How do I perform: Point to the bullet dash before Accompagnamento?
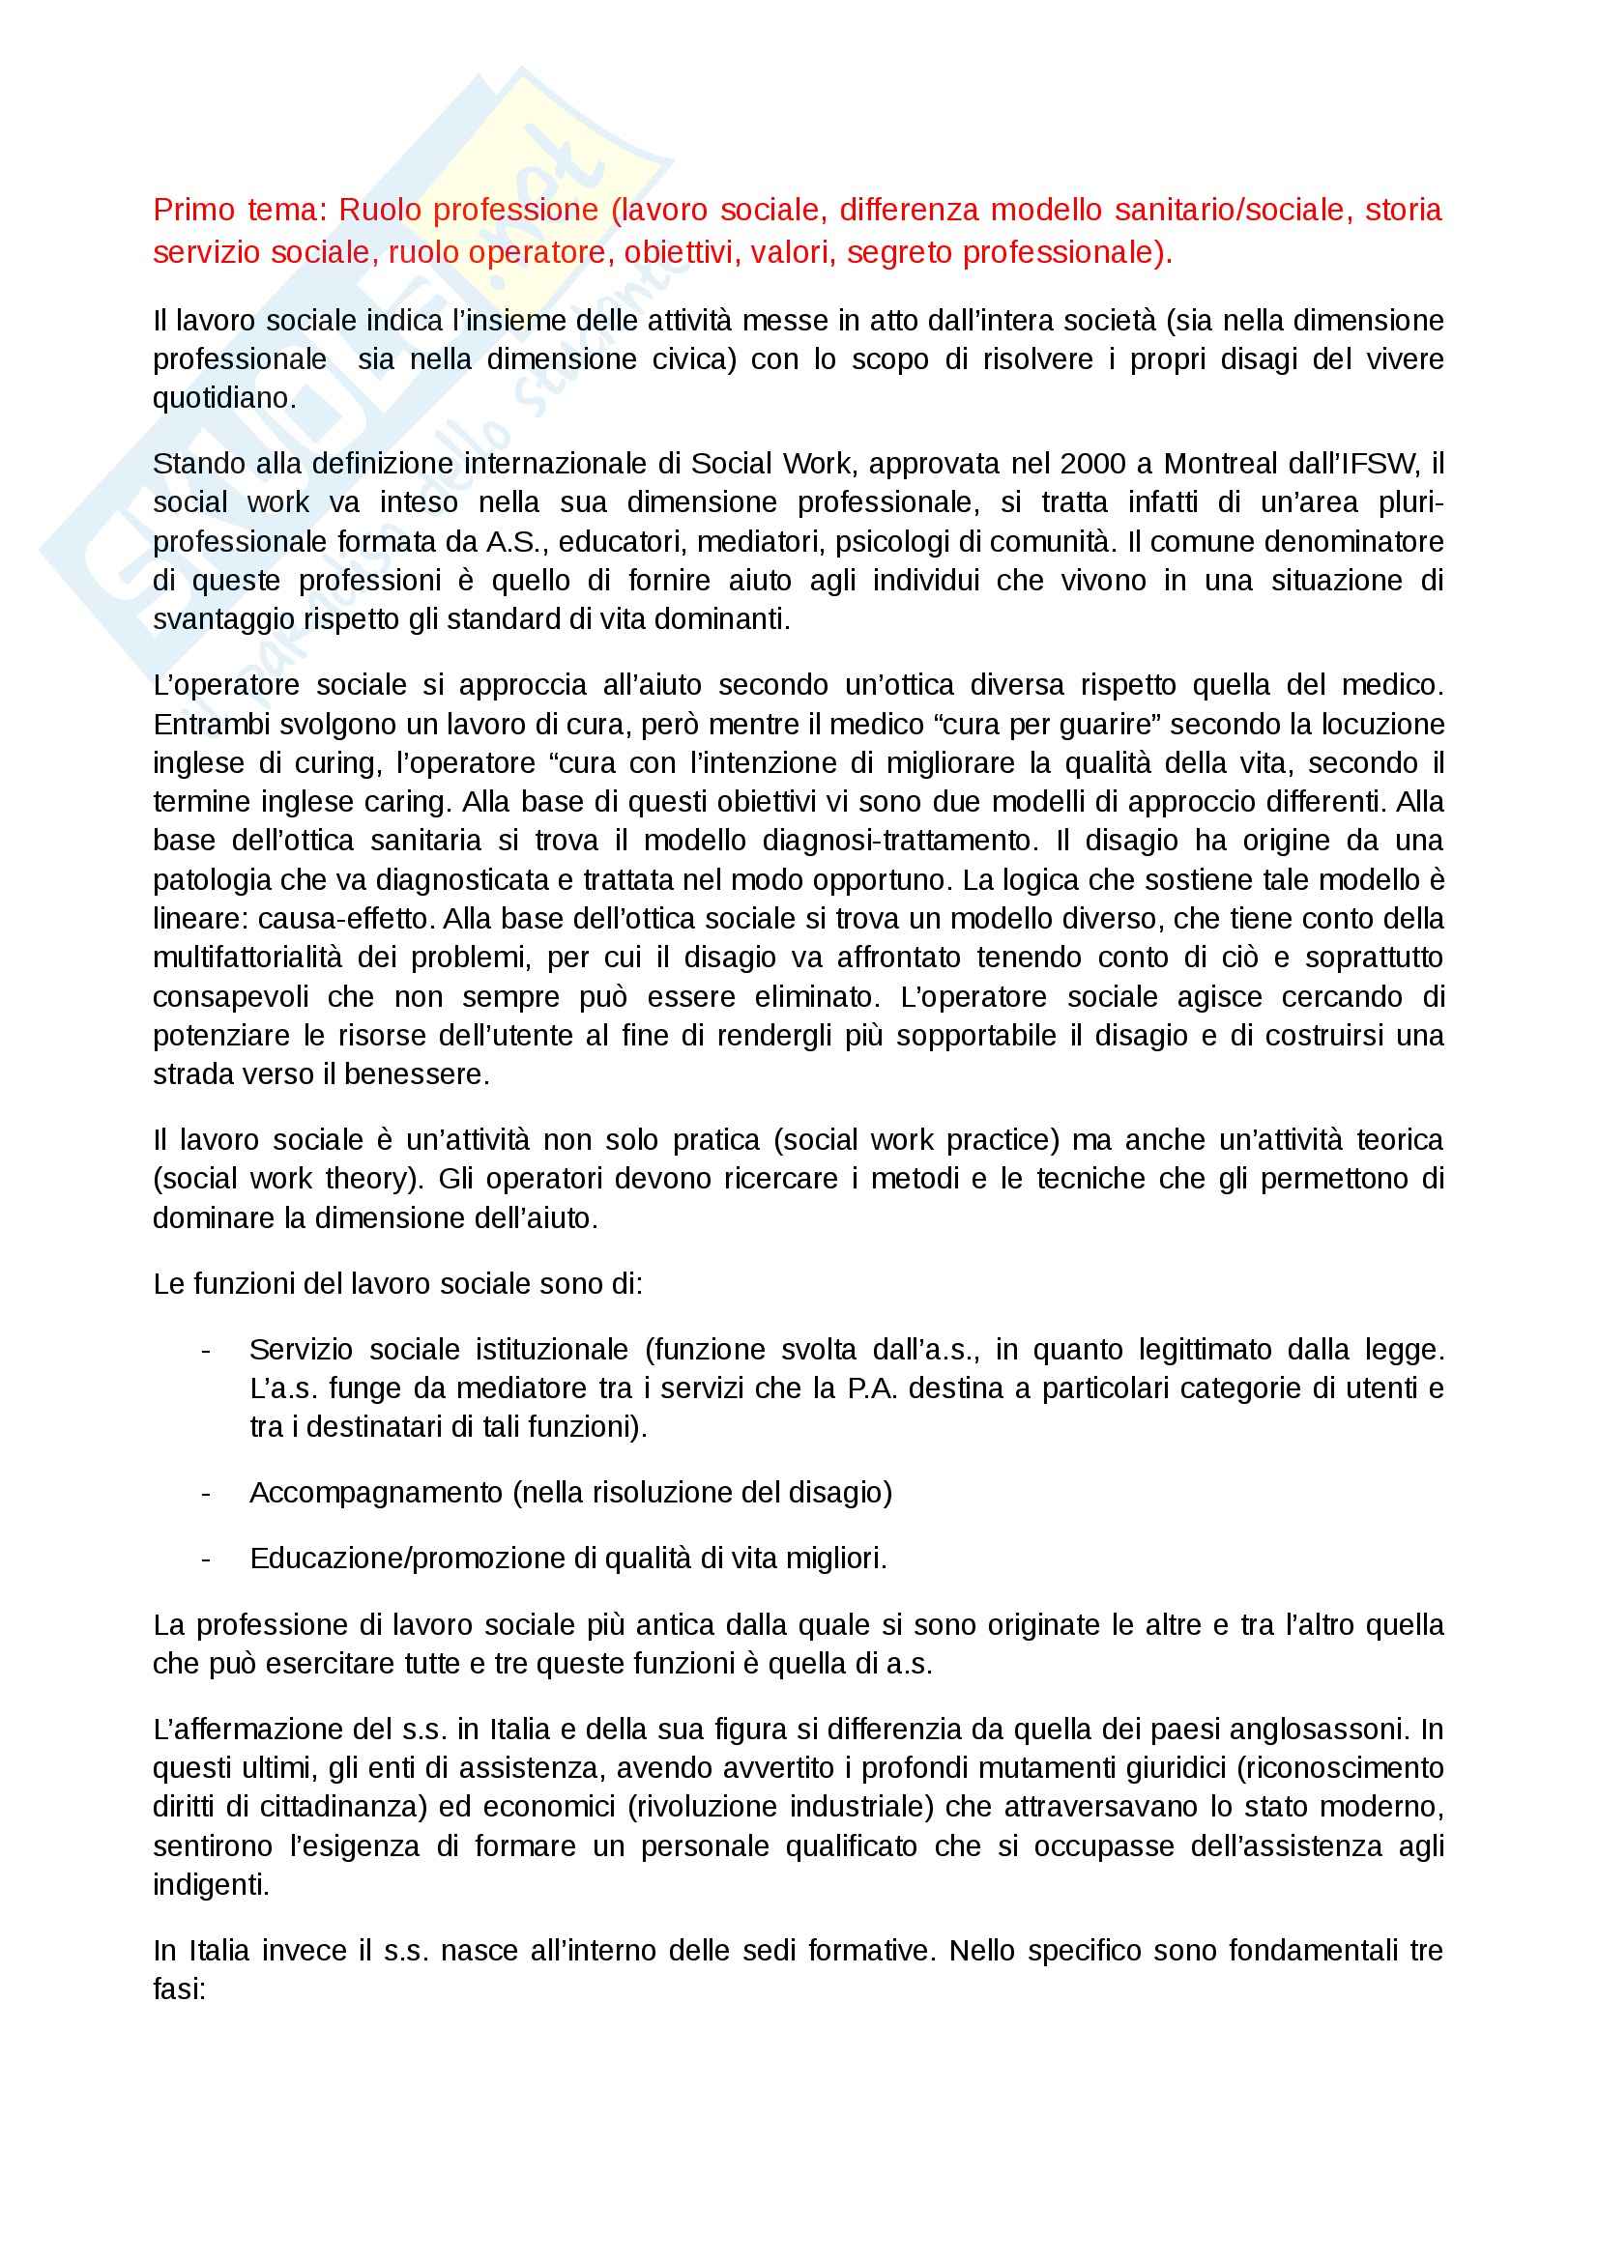click(x=206, y=1493)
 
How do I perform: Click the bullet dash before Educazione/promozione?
click(x=206, y=1559)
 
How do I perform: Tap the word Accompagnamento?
click(x=376, y=1493)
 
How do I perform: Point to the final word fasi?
click(x=179, y=1989)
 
